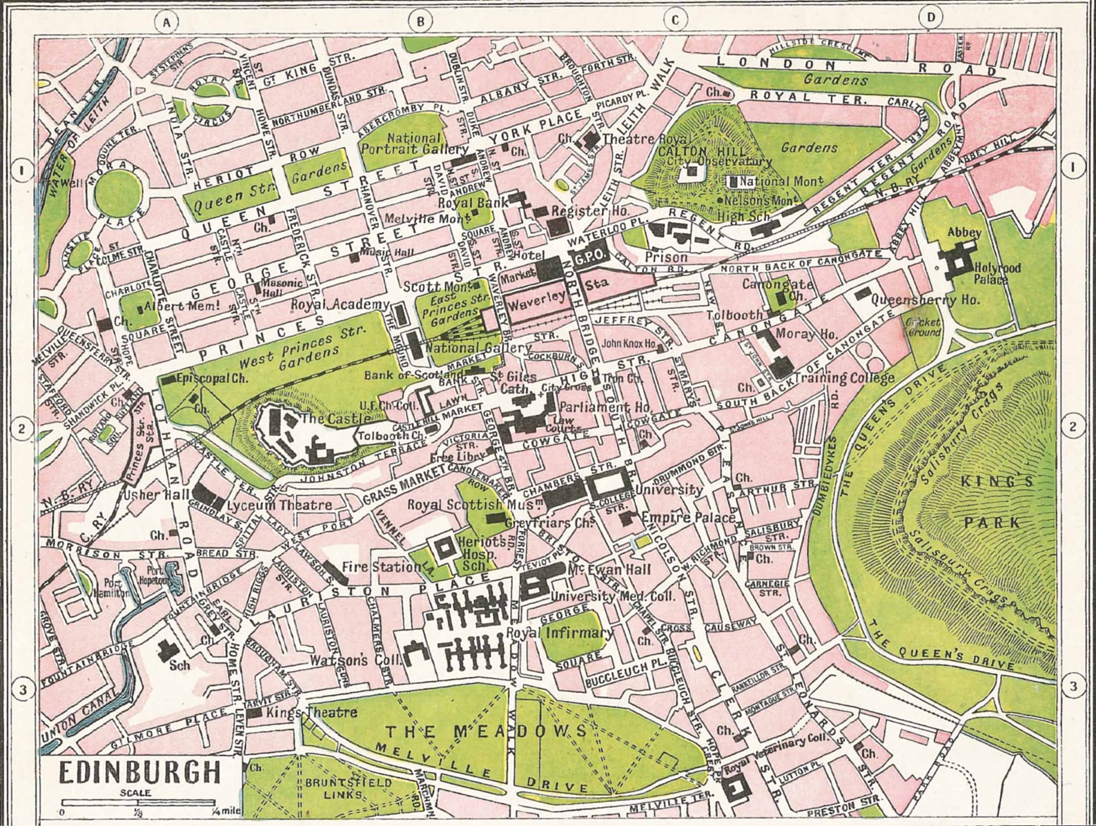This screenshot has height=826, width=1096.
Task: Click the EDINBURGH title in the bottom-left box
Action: pyautogui.click(x=139, y=772)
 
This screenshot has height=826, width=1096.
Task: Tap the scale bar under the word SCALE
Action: pyautogui.click(x=138, y=803)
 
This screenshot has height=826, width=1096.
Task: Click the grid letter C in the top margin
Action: pyautogui.click(x=675, y=20)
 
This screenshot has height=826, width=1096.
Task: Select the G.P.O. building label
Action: pyautogui.click(x=587, y=257)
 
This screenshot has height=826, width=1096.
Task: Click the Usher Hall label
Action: pyautogui.click(x=152, y=495)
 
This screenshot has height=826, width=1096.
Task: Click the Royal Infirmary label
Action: pyautogui.click(x=560, y=632)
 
